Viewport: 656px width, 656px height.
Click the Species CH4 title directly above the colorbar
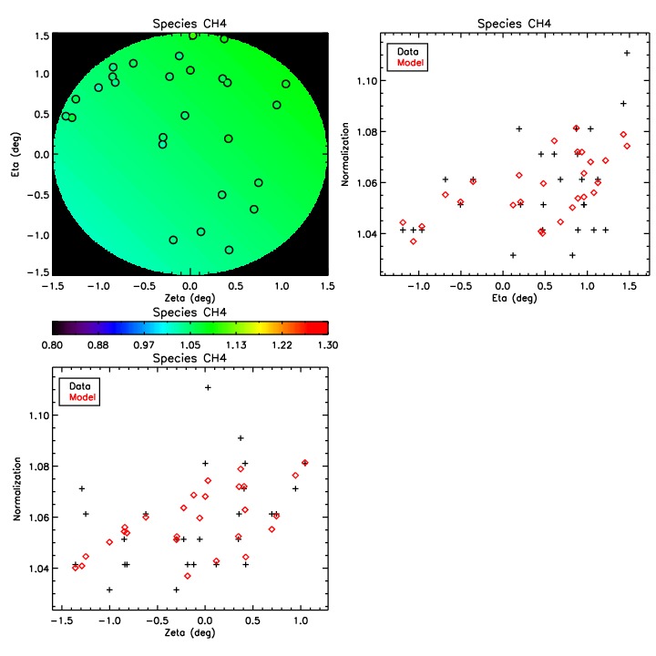190,313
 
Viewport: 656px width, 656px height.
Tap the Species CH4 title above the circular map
190,24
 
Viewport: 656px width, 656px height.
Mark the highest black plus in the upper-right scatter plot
627,53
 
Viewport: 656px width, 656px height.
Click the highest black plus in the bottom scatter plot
208,387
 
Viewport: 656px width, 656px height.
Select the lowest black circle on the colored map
229,250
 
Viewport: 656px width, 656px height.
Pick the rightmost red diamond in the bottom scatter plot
305,463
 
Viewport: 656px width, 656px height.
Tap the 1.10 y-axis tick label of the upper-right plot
369,81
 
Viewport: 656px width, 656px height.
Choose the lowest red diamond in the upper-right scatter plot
413,241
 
